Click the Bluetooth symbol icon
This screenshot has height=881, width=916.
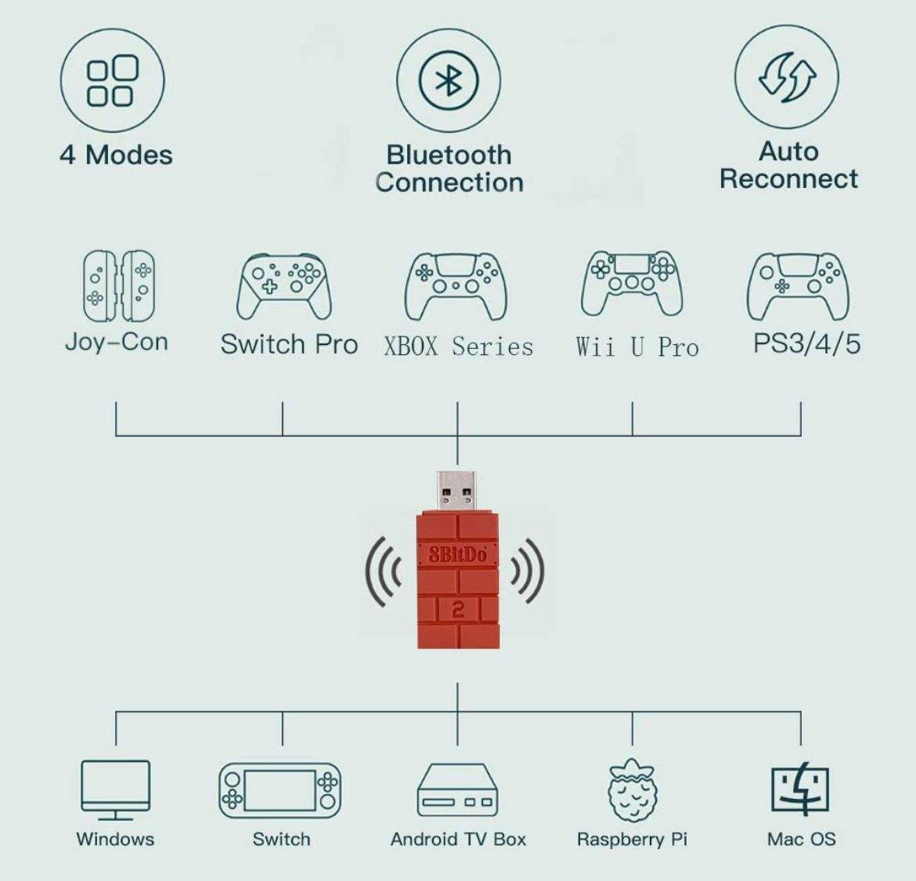(449, 81)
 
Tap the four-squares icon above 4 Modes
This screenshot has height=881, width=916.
(112, 81)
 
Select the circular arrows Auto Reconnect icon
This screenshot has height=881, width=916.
(786, 77)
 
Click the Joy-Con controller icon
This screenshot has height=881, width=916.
(119, 286)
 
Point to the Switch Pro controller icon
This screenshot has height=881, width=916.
(284, 286)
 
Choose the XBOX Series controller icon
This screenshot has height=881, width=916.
(456, 286)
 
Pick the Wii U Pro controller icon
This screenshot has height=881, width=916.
(632, 284)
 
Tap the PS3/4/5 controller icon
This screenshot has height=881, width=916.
(798, 286)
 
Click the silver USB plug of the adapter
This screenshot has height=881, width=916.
(457, 491)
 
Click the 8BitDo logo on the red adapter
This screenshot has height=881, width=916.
(457, 554)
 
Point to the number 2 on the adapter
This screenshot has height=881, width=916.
(458, 610)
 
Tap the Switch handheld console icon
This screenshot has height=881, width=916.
(280, 790)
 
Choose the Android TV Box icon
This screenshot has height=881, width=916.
(457, 790)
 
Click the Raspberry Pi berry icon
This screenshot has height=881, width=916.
(632, 790)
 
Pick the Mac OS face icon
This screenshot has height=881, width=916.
(800, 789)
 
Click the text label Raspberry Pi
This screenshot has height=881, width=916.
(632, 840)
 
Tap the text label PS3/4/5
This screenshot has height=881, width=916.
(806, 343)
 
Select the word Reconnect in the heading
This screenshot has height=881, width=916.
(788, 178)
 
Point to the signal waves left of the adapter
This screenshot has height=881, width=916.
(384, 571)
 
